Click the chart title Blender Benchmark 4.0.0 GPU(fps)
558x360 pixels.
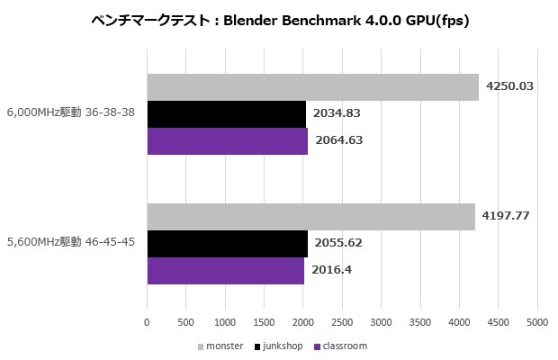coord(280,19)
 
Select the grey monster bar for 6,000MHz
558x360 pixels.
coord(312,86)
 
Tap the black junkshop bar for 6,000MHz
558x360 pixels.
coord(226,114)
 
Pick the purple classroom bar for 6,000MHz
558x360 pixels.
coord(227,141)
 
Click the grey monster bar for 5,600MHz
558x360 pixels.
coord(310,217)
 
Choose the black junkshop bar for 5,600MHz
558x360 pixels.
coord(227,244)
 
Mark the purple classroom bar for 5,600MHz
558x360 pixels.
coord(225,271)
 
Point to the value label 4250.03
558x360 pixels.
coord(510,86)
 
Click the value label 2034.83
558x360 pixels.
coord(337,114)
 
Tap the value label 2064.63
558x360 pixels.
coord(338,141)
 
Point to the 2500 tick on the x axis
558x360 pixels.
coord(342,321)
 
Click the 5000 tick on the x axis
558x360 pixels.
coord(537,321)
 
